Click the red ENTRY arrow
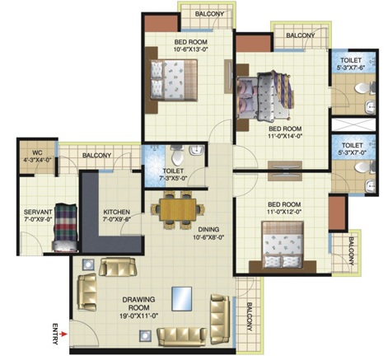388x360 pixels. click(x=64, y=334)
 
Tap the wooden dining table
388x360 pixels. click(x=178, y=210)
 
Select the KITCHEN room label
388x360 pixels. click(x=116, y=212)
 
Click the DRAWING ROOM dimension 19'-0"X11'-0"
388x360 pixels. click(x=139, y=316)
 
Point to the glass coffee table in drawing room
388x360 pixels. click(x=182, y=299)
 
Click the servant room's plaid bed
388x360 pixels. click(x=65, y=227)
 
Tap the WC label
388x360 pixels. click(x=37, y=152)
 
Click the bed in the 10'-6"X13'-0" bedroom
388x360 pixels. click(x=174, y=80)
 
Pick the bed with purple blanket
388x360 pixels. click(x=264, y=96)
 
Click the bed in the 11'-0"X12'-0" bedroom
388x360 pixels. click(x=283, y=245)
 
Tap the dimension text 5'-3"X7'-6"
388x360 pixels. click(x=351, y=68)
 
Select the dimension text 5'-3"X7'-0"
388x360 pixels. click(x=353, y=152)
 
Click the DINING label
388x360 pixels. click(x=208, y=230)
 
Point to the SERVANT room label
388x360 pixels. click(x=38, y=213)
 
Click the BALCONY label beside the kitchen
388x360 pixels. click(x=97, y=156)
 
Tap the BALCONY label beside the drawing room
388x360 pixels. click(x=250, y=316)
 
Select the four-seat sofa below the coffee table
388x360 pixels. click(x=182, y=337)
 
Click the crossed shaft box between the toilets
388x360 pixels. click(x=353, y=124)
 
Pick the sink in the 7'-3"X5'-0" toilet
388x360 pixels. click(x=197, y=150)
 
